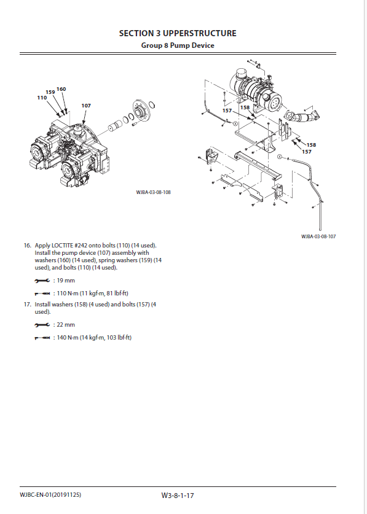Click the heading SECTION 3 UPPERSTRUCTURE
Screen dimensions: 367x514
pyautogui.click(x=178, y=33)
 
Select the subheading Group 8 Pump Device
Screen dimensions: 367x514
pyautogui.click(x=178, y=45)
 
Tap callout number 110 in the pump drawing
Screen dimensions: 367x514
pyautogui.click(x=42, y=98)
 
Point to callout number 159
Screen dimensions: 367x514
pyautogui.click(x=50, y=92)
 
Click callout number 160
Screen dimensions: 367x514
pyautogui.click(x=61, y=89)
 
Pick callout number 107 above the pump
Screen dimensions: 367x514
pyautogui.click(x=86, y=106)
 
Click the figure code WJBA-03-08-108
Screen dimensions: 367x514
pyautogui.click(x=153, y=192)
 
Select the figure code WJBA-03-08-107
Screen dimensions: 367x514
pyautogui.click(x=318, y=236)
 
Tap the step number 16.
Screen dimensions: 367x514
pyautogui.click(x=27, y=245)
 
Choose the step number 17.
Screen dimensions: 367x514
pyautogui.click(x=27, y=304)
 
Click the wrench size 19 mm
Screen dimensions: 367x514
pyautogui.click(x=66, y=281)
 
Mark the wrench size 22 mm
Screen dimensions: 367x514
pyautogui.click(x=66, y=325)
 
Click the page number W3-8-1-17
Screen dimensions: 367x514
pyautogui.click(x=178, y=496)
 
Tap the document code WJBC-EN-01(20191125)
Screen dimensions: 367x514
pyautogui.click(x=50, y=495)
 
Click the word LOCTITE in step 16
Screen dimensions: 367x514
pyautogui.click(x=62, y=245)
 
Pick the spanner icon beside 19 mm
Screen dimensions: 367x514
pyautogui.click(x=42, y=281)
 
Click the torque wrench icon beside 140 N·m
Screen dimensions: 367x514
pyautogui.click(x=42, y=338)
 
